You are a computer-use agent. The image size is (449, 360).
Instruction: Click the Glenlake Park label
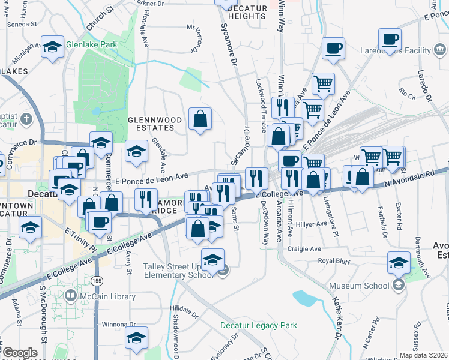[92, 44]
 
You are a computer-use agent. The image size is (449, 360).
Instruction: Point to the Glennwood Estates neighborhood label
[155, 124]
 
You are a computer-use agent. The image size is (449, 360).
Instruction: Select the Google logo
[20, 352]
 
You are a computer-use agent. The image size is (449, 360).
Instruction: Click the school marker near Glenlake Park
[53, 47]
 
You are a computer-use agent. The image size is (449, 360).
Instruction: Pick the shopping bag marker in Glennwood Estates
[200, 119]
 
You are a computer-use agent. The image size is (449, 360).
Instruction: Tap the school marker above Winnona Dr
[136, 337]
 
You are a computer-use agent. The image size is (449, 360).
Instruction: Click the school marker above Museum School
[399, 262]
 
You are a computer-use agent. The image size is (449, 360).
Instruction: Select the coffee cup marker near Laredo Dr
[391, 40]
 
